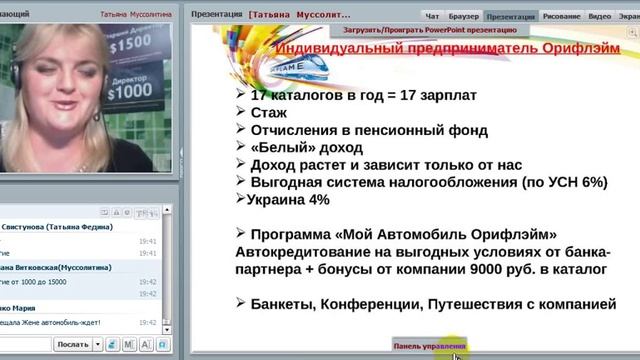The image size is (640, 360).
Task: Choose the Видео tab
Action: coord(600,17)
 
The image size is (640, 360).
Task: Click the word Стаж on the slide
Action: coord(268,112)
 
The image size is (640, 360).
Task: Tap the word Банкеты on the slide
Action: coord(290,304)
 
